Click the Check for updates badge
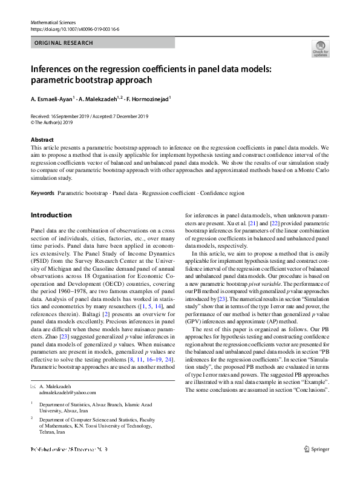(319, 48)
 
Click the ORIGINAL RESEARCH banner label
(64, 43)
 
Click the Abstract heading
(42, 140)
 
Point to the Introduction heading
(51, 215)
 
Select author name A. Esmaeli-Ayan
(51, 98)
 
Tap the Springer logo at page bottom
(316, 466)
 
